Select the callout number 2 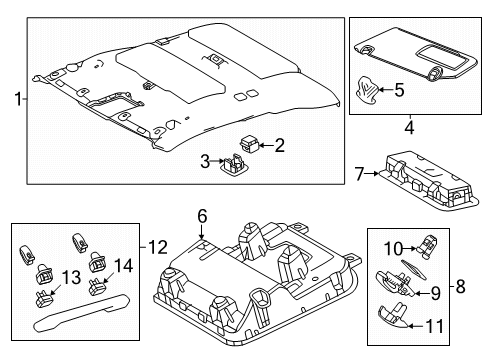pyautogui.click(x=279, y=146)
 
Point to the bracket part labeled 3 pyautogui.click(x=238, y=163)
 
